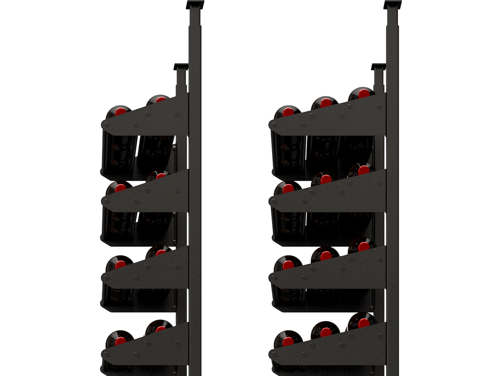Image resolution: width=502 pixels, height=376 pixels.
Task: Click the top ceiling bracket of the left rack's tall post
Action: pyautogui.click(x=195, y=5)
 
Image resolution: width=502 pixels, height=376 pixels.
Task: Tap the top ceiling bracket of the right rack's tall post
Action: pyautogui.click(x=392, y=5)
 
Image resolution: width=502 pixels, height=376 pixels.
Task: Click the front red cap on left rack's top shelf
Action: pyautogui.click(x=121, y=111)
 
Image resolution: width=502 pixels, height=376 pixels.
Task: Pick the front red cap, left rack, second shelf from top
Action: pyautogui.click(x=121, y=189)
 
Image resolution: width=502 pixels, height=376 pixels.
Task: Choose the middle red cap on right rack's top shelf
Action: pyautogui.click(x=326, y=102)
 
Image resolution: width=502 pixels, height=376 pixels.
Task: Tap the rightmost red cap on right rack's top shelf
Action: pyautogui.click(x=364, y=94)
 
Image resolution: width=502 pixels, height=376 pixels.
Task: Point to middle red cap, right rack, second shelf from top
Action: pyautogui.click(x=326, y=180)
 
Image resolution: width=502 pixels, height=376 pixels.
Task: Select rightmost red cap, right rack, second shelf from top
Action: pyautogui.click(x=364, y=170)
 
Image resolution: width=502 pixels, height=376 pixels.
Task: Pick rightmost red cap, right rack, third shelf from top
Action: pyautogui.click(x=364, y=246)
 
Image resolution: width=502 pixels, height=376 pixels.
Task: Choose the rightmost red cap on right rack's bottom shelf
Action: pyautogui.click(x=364, y=321)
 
